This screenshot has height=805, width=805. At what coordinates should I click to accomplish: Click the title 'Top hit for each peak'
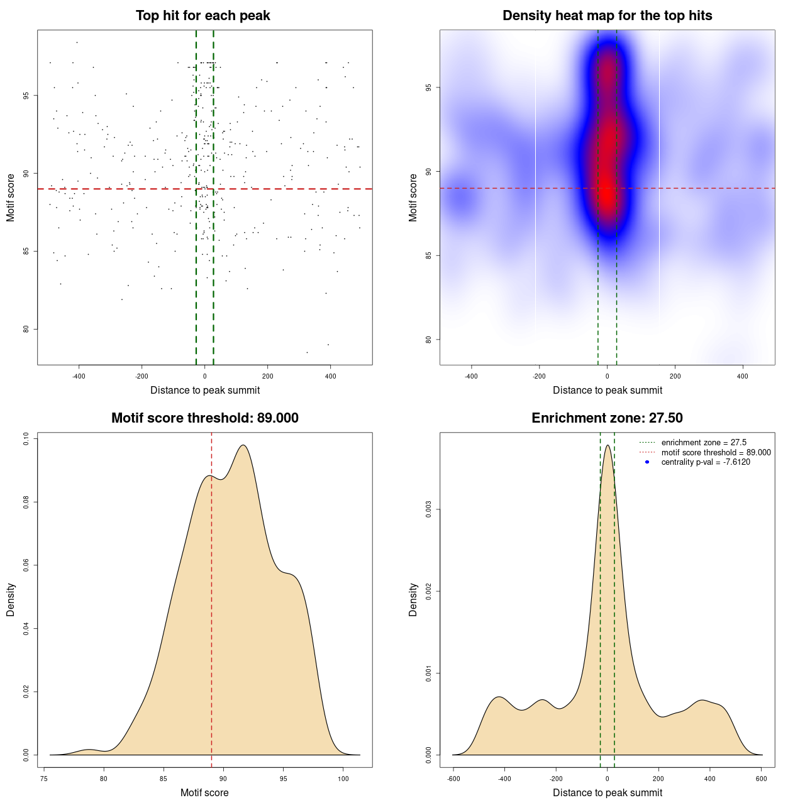coord(203,16)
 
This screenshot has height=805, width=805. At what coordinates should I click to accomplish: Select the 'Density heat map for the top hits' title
coord(607,16)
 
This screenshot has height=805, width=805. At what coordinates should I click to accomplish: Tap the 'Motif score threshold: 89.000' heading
coord(204,418)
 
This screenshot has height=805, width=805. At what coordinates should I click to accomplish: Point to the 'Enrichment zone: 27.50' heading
coord(607,418)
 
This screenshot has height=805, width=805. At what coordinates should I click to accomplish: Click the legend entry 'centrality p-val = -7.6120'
coord(705,462)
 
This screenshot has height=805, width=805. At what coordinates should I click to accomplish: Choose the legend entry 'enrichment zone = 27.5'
coord(704,443)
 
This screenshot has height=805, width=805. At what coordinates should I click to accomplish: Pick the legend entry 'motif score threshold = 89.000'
coord(716,452)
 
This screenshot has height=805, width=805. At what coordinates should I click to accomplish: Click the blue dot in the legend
coord(647,462)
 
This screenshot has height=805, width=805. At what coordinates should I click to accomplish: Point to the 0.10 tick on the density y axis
coord(26,438)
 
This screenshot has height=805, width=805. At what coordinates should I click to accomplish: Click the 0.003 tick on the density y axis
coord(428,509)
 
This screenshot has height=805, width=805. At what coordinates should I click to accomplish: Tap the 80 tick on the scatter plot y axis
coord(26,329)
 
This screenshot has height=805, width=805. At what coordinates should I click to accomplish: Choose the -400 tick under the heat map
coord(471,377)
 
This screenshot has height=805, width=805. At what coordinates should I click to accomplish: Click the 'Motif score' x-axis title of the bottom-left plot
coord(204,792)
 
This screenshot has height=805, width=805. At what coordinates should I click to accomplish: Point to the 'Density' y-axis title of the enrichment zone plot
coord(413,599)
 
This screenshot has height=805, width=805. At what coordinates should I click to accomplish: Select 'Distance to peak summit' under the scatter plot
coord(205,390)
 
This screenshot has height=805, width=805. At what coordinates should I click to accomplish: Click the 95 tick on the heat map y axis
coord(428,87)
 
